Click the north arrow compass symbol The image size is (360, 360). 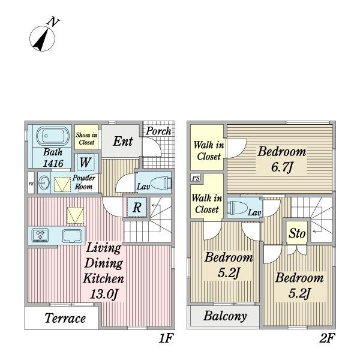coord(42,38)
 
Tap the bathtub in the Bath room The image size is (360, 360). coord(53,136)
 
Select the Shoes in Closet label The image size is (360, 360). coord(86,139)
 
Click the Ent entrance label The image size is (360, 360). coord(123,141)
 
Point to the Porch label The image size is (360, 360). coord(158,131)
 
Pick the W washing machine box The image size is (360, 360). coord(86,163)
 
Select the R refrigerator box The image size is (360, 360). coord(137,207)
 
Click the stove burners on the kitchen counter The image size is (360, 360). coord(40,235)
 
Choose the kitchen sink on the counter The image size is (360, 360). coord(72,236)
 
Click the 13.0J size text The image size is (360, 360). coord(104,293)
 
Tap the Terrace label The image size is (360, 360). coord(65,318)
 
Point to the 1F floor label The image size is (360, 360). coord(166,338)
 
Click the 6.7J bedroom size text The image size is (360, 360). coord(282,167)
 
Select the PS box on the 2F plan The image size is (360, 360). coord(196,178)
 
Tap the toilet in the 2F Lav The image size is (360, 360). coord(237,208)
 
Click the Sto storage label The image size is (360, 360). coord(297,233)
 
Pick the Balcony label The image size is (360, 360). coord(225,316)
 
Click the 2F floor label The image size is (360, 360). coord(327,338)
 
